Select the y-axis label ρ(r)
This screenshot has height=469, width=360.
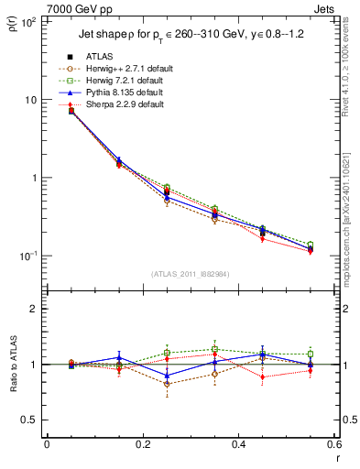click(12, 27)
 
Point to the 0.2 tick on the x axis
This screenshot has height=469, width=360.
click(143, 446)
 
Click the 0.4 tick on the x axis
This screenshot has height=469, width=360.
click(238, 446)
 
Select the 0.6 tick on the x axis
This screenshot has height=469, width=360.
click(333, 446)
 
